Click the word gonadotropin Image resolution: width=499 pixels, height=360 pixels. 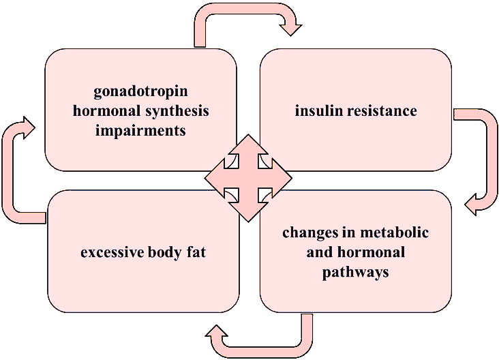pos(140,91)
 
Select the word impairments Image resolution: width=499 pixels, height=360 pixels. pos(140,130)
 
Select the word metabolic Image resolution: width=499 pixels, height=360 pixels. pos(399,232)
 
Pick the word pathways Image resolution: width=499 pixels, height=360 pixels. pos(356,271)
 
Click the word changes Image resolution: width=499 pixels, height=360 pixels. pos(311,232)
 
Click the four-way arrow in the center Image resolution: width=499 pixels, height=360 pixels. pos(248,177)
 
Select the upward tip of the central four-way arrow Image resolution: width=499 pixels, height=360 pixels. pos(248,140)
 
